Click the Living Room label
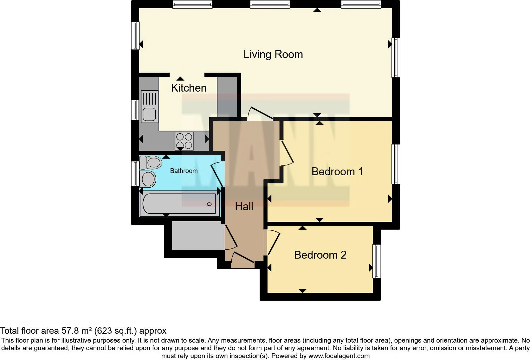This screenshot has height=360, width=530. (x=273, y=55)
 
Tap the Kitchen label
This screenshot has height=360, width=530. (x=189, y=88)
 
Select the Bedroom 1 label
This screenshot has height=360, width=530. (x=337, y=171)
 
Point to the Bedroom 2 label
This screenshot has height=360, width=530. (x=320, y=255)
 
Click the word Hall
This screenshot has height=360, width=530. (x=244, y=207)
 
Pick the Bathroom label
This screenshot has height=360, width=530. (x=184, y=171)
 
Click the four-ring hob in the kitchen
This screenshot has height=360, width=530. (x=184, y=141)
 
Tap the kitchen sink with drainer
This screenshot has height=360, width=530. (x=150, y=106)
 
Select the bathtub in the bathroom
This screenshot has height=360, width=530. (x=180, y=204)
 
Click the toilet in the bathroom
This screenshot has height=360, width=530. (x=151, y=163)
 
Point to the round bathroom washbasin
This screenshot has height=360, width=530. (x=148, y=179)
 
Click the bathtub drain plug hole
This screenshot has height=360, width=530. (x=209, y=204)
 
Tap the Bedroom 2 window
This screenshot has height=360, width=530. (x=377, y=261)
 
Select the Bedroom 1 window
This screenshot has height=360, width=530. (x=396, y=164)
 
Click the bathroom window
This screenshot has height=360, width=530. (x=135, y=174)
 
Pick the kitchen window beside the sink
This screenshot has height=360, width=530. (x=135, y=110)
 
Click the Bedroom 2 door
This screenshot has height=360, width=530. (x=274, y=243)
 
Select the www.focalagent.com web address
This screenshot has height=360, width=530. (x=339, y=356)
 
